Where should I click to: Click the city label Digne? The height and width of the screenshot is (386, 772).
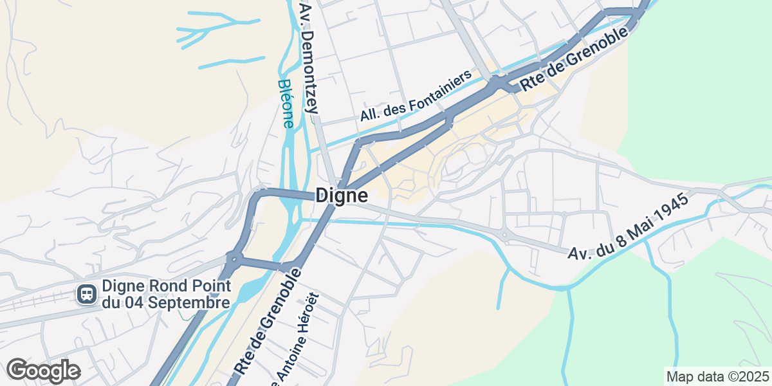(x=342, y=196)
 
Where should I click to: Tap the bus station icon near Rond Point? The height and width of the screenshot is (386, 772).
(x=86, y=295)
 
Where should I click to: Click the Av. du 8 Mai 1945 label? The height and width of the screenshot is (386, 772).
(x=629, y=226)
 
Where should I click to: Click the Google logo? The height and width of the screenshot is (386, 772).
(x=43, y=371)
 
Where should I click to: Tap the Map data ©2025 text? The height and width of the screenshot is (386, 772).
(x=717, y=376)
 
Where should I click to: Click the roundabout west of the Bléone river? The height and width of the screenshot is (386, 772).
(x=234, y=259)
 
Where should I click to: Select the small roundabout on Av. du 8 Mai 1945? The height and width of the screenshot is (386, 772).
(x=504, y=236)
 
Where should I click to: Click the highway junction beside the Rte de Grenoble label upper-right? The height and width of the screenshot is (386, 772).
(x=498, y=83)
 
